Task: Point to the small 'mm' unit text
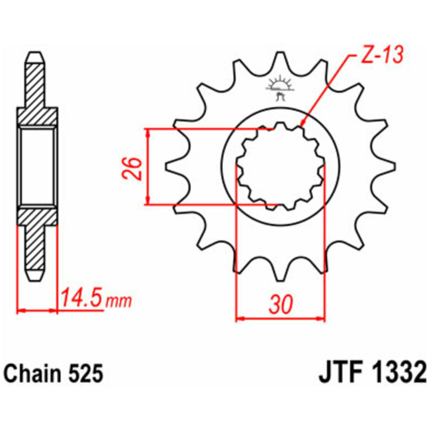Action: point(118,301)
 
